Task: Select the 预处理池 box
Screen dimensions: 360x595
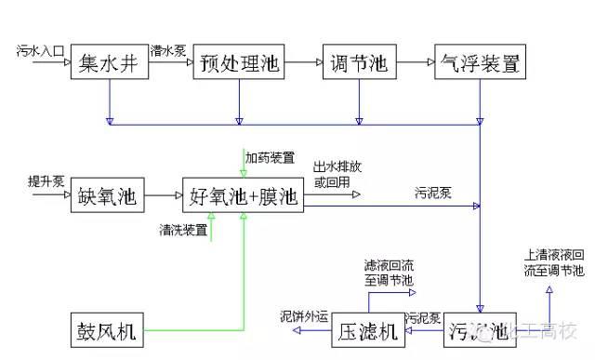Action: pyautogui.click(x=239, y=64)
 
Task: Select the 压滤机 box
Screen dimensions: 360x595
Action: pyautogui.click(x=369, y=331)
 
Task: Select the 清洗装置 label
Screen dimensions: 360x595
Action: pyautogui.click(x=182, y=229)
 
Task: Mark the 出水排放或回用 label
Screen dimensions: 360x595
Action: pyautogui.click(x=333, y=175)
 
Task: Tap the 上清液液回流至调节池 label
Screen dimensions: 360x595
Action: pyautogui.click(x=553, y=262)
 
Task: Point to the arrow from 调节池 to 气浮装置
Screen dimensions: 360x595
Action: pyautogui.click(x=416, y=63)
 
